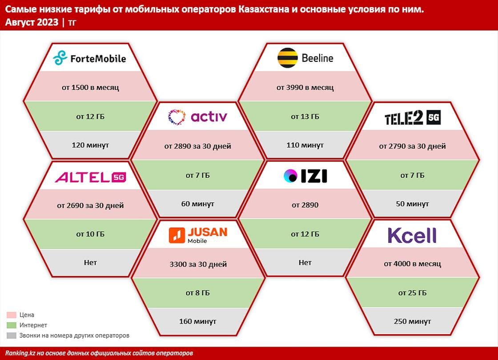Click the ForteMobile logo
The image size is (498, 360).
point(89,58)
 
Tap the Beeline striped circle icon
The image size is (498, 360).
point(287,58)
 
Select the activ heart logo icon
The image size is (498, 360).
point(177,116)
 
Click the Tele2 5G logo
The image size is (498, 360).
point(413,118)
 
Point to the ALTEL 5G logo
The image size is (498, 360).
point(90,177)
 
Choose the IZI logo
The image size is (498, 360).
point(305,176)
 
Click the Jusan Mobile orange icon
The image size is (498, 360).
point(177,235)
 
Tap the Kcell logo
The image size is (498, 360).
point(412,235)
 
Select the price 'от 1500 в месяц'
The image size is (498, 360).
point(90,88)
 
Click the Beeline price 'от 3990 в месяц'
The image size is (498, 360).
point(305,88)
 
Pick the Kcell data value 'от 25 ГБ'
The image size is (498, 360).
point(412,293)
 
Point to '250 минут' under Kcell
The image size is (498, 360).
point(412,321)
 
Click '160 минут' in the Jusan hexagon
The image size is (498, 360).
point(197,321)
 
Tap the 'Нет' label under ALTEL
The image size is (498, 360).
point(90,263)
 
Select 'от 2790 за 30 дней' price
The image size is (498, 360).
point(412,146)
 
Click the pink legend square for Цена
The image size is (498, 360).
point(12,315)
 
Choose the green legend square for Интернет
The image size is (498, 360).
point(12,325)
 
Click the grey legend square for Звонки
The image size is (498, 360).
point(12,336)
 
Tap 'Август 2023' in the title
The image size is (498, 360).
point(32,23)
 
